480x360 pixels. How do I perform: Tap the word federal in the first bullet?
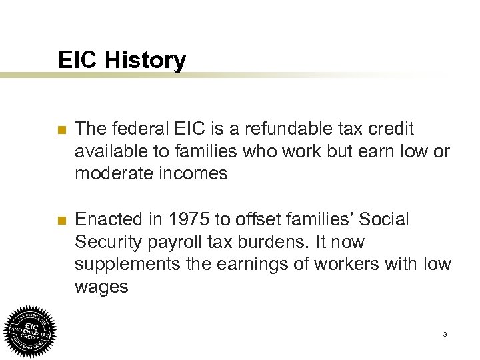(x=136, y=127)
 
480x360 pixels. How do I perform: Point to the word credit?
(x=391, y=127)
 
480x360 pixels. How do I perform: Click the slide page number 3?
(x=444, y=334)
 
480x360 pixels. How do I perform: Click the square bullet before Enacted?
(x=63, y=219)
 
